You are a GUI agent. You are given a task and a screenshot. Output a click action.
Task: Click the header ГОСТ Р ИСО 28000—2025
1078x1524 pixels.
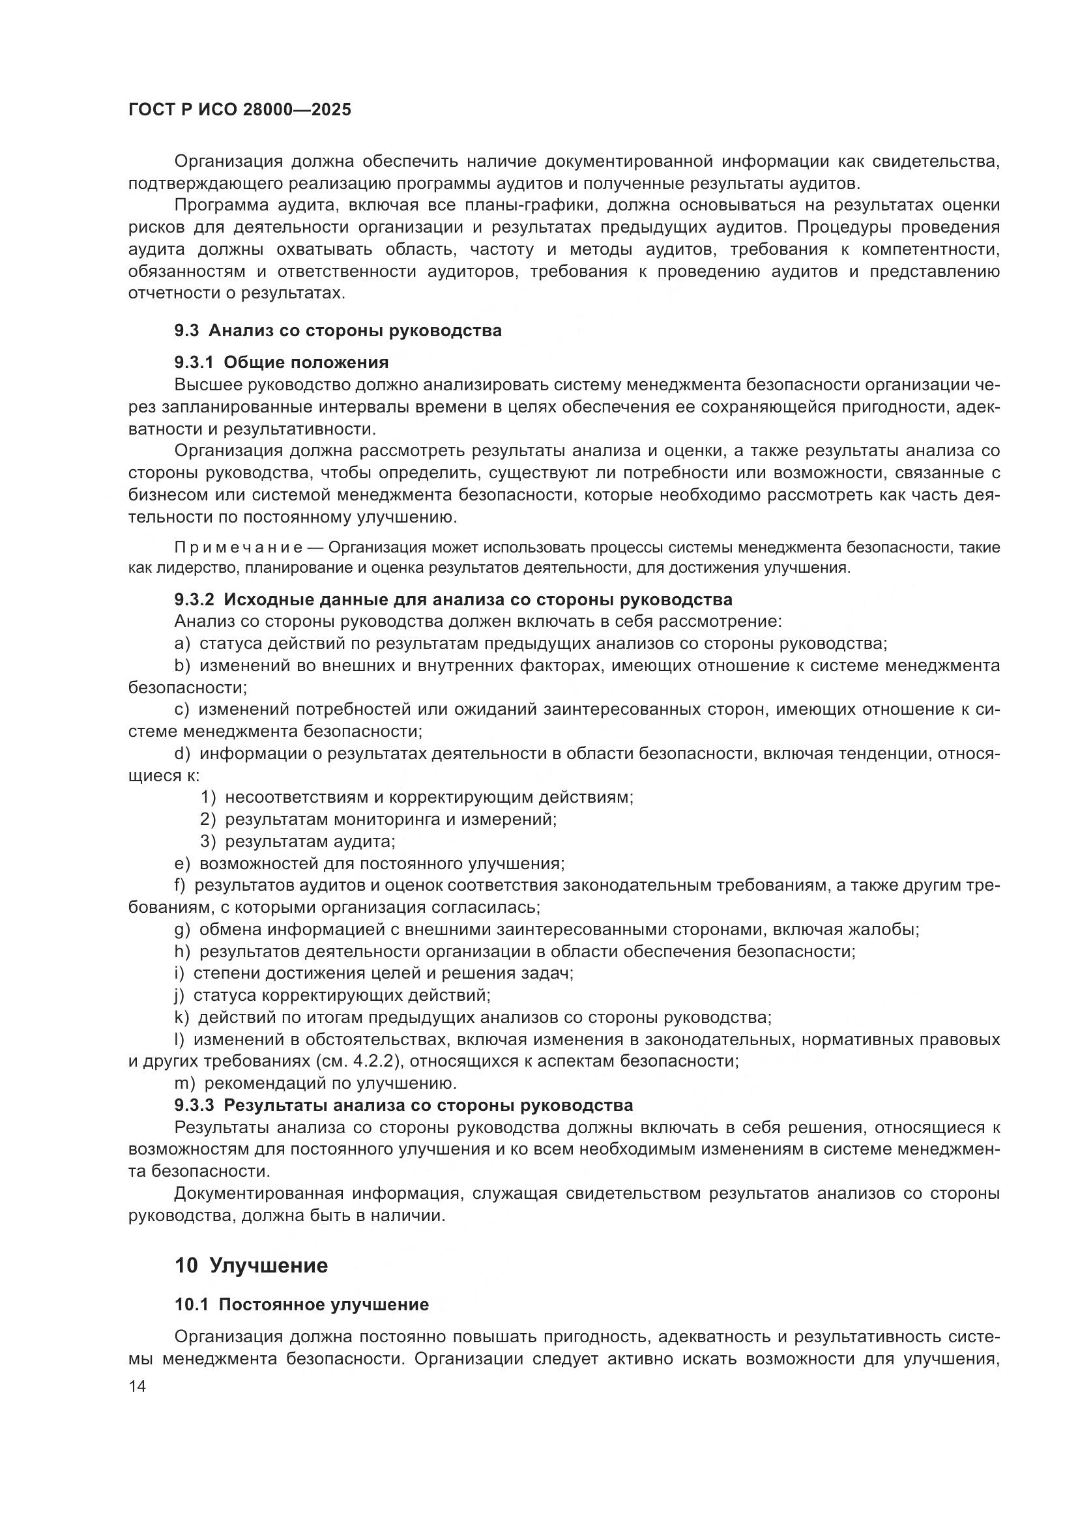coord(240,110)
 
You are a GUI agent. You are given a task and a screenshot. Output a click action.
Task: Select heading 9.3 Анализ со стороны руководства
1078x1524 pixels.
coord(338,330)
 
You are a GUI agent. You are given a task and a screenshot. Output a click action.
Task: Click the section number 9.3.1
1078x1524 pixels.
coord(194,362)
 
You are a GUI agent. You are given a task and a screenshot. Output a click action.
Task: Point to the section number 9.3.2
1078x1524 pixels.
coord(194,599)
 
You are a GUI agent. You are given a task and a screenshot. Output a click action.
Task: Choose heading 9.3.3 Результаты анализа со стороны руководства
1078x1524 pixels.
coord(403,1105)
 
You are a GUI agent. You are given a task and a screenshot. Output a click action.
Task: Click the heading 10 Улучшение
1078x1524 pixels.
coord(251,1266)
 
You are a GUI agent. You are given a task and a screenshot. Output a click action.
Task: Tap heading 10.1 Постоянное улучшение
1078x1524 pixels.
coord(301,1304)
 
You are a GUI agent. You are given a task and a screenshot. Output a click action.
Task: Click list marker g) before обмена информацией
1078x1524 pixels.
coord(182,929)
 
